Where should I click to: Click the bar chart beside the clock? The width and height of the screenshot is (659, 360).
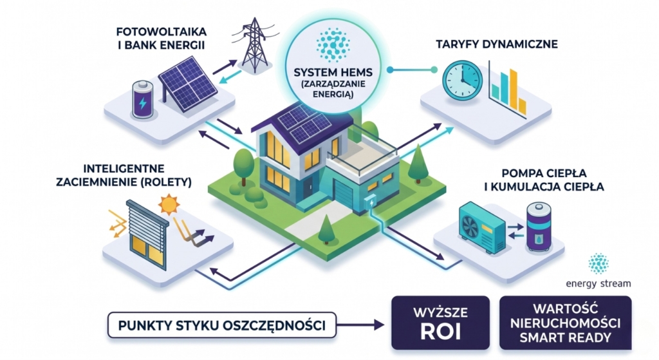click(x=508, y=90)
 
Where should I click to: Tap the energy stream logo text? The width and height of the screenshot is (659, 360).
click(x=598, y=283)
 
